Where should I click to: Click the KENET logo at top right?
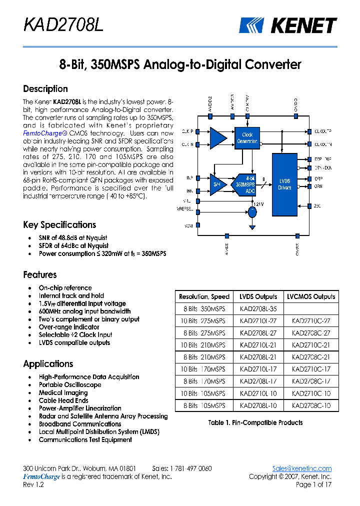click(287, 25)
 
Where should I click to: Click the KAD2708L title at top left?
click(63, 25)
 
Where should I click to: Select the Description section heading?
click(45, 89)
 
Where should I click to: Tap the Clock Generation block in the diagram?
click(247, 138)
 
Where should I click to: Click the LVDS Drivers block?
click(284, 184)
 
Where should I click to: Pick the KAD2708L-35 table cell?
click(258, 309)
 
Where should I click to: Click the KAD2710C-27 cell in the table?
click(310, 321)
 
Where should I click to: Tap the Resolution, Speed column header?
click(204, 296)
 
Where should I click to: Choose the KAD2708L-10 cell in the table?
click(258, 405)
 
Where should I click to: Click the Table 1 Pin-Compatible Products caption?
click(255, 422)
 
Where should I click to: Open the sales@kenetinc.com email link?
click(301, 468)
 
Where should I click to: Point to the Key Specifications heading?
click(59, 225)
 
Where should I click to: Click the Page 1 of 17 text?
click(313, 484)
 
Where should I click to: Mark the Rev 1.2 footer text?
click(33, 484)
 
